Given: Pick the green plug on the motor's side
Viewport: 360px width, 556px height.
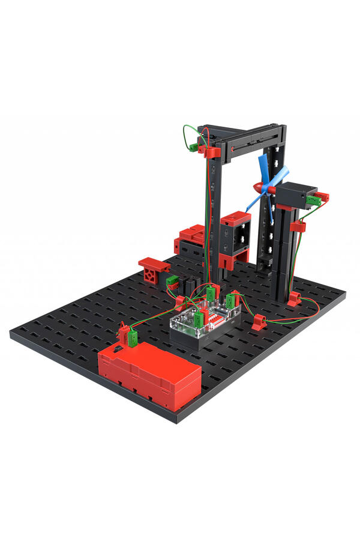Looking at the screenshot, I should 312,200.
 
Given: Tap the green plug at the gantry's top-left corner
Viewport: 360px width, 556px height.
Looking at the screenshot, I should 194,146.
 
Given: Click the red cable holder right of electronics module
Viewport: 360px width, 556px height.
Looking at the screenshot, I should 259,322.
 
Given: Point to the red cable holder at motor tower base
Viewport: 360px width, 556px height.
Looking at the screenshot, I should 293,298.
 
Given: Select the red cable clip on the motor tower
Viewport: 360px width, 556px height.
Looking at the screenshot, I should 297,227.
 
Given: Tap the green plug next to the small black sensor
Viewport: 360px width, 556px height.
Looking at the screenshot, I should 172,281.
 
